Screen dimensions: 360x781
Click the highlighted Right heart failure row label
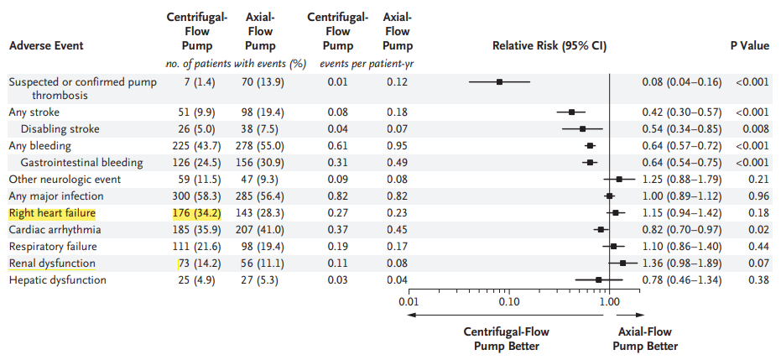(52, 213)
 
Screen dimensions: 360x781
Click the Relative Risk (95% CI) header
(549, 45)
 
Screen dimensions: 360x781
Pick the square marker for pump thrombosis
(499, 82)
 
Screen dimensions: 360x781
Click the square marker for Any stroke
(571, 112)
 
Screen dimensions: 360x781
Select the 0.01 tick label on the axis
(409, 300)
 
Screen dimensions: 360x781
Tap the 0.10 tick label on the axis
(508, 300)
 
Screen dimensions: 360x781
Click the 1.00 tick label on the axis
(609, 300)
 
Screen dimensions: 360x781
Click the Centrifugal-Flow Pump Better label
(507, 339)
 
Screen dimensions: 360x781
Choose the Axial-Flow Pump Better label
(645, 339)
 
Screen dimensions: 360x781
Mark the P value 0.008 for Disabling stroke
(753, 129)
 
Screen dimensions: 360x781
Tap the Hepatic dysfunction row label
(57, 280)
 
